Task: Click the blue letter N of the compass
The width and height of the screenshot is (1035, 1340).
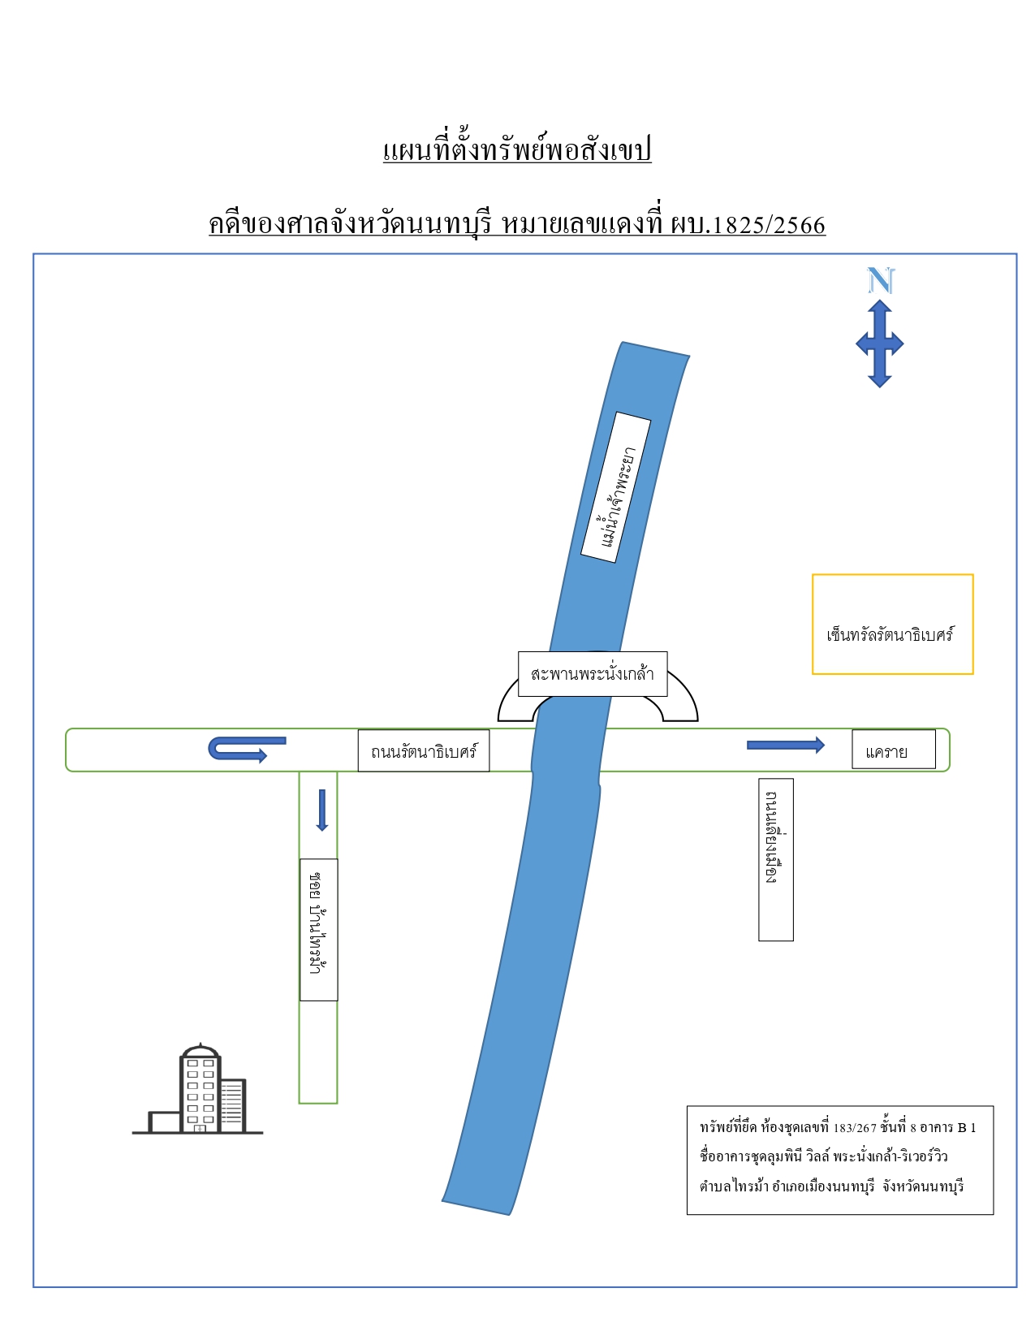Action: click(880, 280)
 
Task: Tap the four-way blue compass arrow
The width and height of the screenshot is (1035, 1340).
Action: click(880, 344)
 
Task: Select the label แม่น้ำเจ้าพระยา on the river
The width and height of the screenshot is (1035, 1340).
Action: click(616, 487)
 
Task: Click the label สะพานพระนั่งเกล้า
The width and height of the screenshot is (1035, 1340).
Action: click(593, 674)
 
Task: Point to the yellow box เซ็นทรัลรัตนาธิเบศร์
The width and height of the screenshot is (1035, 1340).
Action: click(892, 624)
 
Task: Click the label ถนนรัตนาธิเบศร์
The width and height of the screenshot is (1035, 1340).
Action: click(424, 750)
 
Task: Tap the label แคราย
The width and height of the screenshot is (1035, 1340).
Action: click(893, 750)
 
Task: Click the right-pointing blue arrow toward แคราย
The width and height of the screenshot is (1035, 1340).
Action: click(785, 745)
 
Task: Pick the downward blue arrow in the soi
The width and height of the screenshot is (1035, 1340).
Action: click(321, 810)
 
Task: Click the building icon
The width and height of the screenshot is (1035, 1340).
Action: click(198, 1090)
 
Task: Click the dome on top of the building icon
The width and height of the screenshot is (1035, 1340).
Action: click(201, 1049)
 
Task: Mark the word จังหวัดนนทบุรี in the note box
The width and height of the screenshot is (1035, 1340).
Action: click(922, 1187)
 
